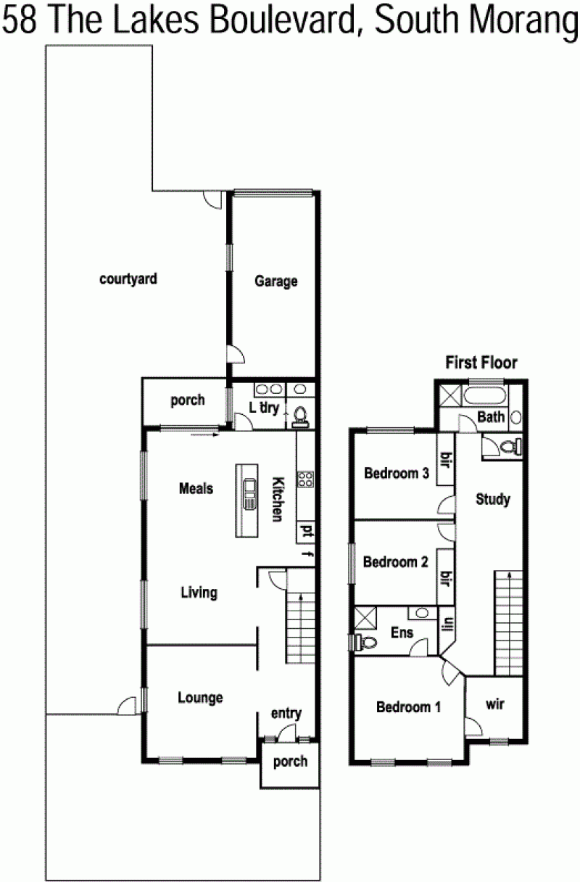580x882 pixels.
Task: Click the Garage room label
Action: (x=275, y=281)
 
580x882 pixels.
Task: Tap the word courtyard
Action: (x=128, y=279)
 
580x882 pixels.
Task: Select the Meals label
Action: (x=196, y=489)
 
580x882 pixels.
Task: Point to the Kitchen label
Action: (x=278, y=500)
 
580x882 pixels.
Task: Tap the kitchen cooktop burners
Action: (x=306, y=479)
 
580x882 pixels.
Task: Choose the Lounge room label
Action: (x=200, y=698)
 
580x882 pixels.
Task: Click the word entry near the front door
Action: (x=286, y=713)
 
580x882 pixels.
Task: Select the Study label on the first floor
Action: (x=493, y=499)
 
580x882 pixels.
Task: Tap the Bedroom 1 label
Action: (x=408, y=707)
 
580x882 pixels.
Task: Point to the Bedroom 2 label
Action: (x=395, y=562)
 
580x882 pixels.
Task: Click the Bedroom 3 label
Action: (x=397, y=473)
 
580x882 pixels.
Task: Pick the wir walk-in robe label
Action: (x=494, y=704)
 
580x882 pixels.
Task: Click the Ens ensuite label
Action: (x=402, y=632)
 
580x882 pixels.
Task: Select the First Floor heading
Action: (x=481, y=362)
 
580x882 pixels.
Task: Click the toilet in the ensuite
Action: (x=365, y=643)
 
